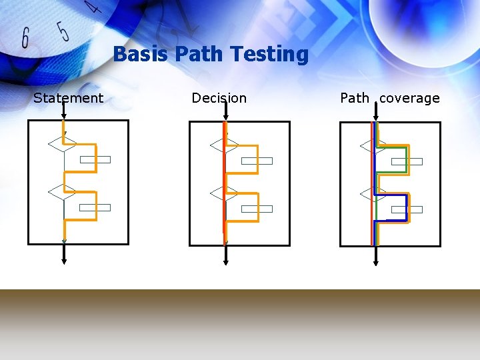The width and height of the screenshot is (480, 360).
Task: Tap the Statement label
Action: click(68, 98)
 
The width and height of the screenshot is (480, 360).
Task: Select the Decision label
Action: click(219, 98)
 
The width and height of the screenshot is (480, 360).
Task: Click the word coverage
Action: click(409, 98)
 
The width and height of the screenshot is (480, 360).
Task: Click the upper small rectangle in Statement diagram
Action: click(95, 159)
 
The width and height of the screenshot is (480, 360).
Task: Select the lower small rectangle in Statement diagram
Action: click(95, 207)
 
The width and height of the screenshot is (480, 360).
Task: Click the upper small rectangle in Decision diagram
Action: click(257, 161)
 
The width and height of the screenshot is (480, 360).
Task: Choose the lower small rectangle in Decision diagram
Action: click(257, 209)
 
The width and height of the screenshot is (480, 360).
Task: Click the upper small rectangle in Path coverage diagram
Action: click(407, 161)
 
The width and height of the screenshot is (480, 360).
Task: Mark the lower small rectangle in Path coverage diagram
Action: click(407, 209)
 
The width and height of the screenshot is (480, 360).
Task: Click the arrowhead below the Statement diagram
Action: click(64, 261)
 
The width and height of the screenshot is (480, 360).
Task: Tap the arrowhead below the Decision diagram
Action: click(226, 261)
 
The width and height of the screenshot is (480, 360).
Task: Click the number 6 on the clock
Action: click(25, 39)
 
